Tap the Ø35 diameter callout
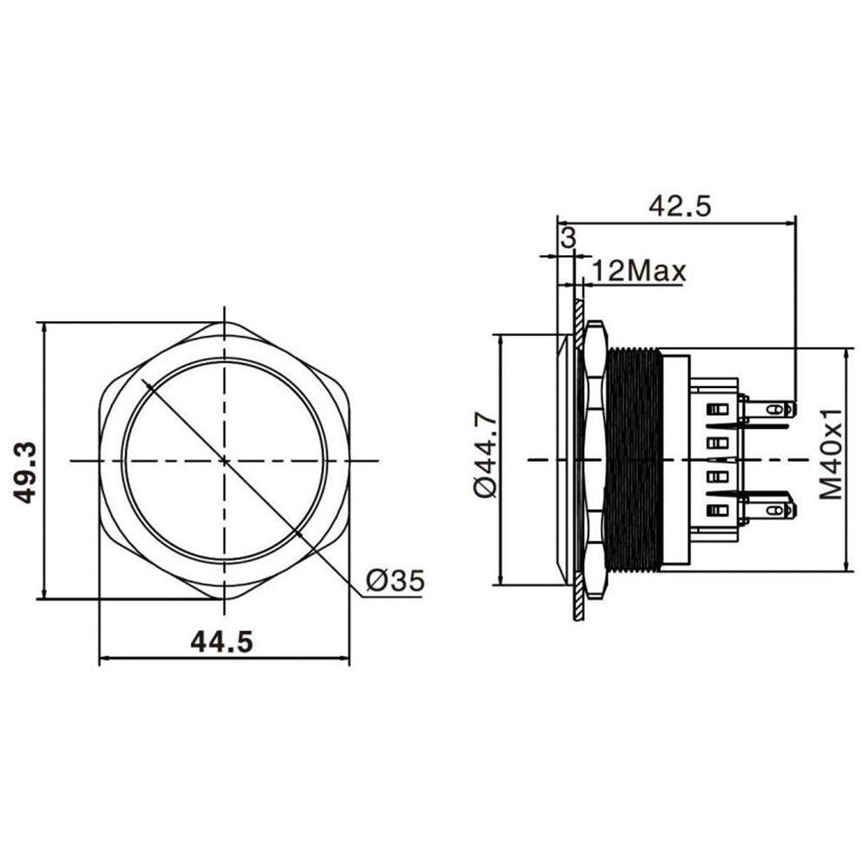(395, 580)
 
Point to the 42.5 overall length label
(680, 206)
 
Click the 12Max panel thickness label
(639, 272)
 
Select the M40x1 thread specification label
(832, 454)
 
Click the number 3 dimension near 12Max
(568, 238)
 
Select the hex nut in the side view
(595, 460)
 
